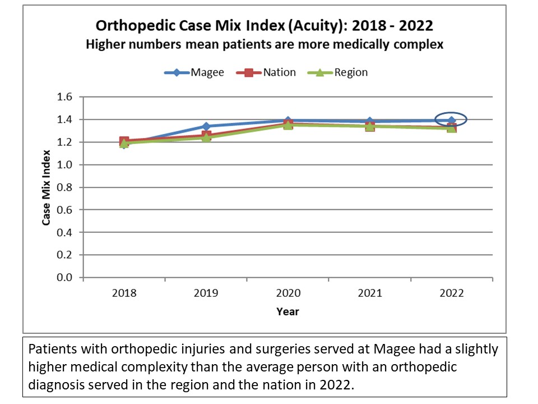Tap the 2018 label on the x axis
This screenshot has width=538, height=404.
click(124, 293)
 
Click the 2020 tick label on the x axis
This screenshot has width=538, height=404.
click(287, 293)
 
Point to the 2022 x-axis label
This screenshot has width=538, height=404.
click(451, 293)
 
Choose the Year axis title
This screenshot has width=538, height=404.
click(287, 311)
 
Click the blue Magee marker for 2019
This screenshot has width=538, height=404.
click(206, 126)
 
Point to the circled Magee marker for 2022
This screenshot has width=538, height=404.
click(451, 120)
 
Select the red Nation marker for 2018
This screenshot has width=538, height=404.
click(124, 141)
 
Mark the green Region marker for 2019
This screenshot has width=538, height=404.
click(206, 137)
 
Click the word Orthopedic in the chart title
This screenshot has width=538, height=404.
click(132, 26)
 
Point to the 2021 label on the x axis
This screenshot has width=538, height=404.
click(369, 293)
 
